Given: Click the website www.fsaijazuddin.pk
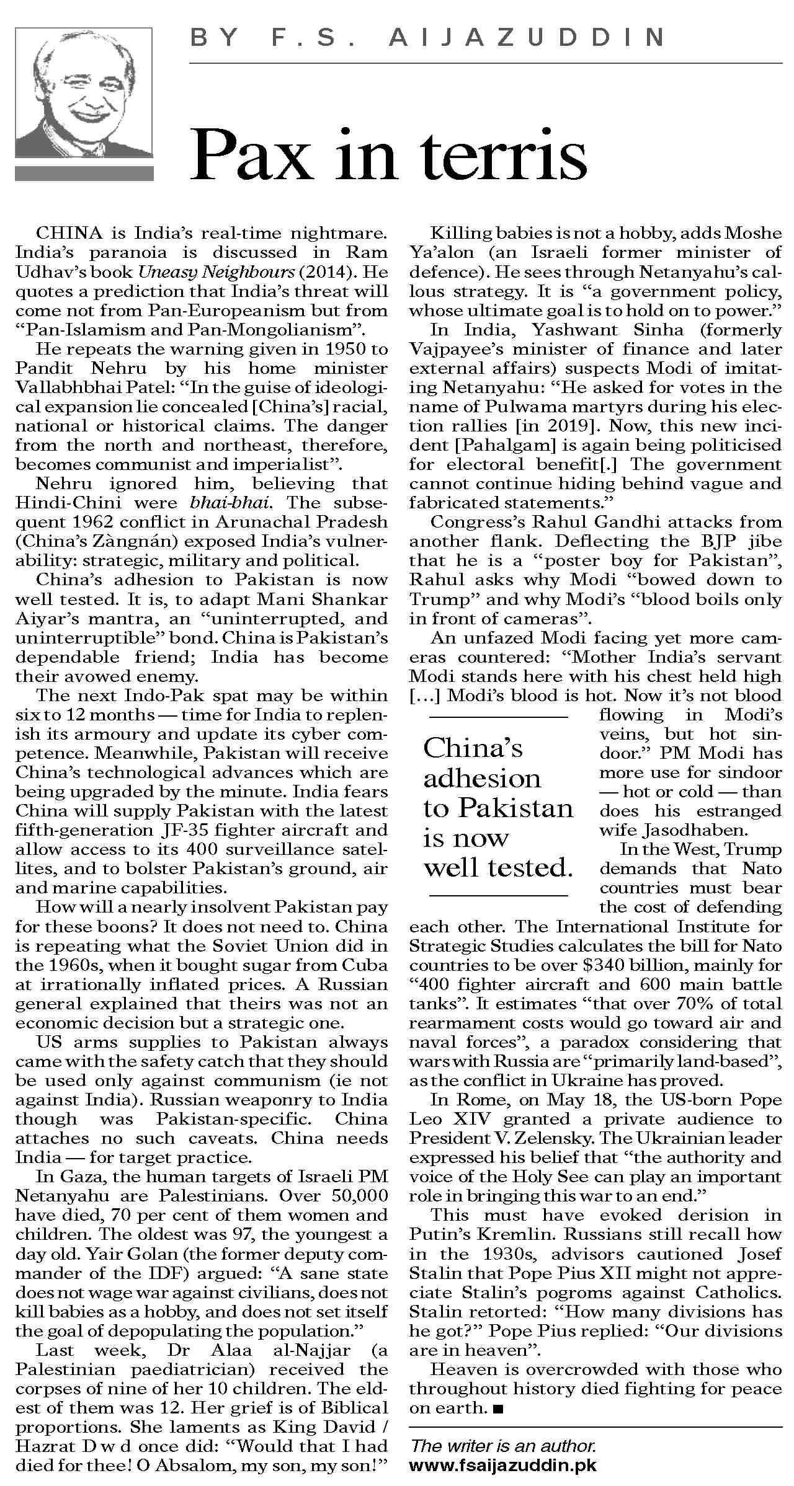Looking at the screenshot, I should coord(503,1466).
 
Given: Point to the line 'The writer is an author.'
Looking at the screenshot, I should coord(503,1446).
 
